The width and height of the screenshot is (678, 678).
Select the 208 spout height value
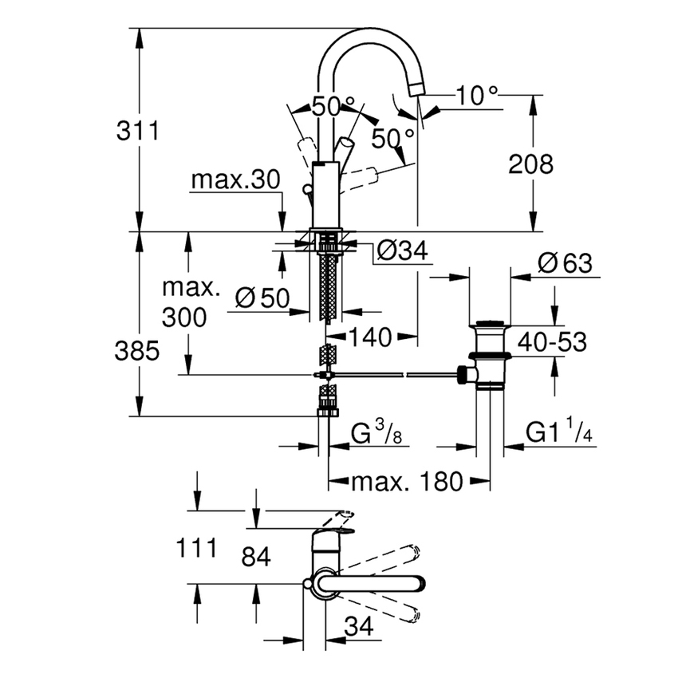(530, 164)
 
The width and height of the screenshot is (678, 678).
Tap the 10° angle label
(476, 97)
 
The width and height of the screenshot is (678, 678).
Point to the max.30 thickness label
(235, 181)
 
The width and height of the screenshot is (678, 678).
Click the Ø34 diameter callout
(401, 251)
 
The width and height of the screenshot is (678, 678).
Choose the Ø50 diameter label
(262, 298)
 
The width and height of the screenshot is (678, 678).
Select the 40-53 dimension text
(551, 342)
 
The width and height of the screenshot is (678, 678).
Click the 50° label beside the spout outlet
(392, 138)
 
